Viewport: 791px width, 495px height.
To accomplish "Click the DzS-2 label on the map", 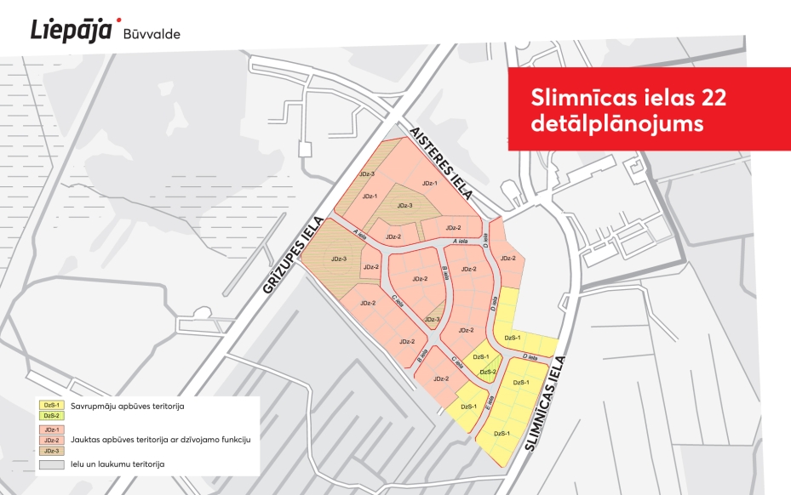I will click(x=488, y=372).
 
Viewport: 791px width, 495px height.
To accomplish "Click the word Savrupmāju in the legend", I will click(x=95, y=406).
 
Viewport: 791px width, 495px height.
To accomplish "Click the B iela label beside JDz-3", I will click(x=444, y=271).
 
